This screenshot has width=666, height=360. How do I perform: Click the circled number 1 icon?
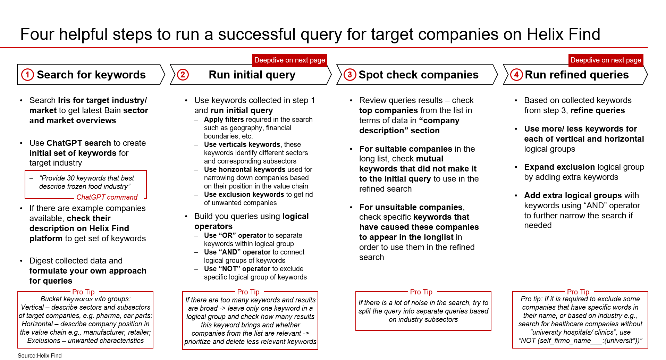[27, 75]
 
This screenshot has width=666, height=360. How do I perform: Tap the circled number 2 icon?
[183, 75]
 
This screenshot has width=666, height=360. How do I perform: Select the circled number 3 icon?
[350, 75]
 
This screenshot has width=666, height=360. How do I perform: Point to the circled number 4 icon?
[516, 75]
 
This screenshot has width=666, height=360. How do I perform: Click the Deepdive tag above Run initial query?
[290, 60]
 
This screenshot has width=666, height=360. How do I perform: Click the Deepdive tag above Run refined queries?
[606, 60]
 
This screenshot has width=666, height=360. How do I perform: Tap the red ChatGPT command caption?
[107, 197]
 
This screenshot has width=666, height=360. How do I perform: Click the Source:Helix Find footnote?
[40, 355]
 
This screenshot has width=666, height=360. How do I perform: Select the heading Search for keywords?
[91, 75]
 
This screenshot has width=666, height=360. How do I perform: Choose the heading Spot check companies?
[419, 75]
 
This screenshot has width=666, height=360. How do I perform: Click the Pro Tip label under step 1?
[83, 292]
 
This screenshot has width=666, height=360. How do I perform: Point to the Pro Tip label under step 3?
[421, 292]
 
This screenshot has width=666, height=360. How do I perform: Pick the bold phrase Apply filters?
[224, 119]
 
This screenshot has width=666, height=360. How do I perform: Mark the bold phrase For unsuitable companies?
[411, 207]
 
